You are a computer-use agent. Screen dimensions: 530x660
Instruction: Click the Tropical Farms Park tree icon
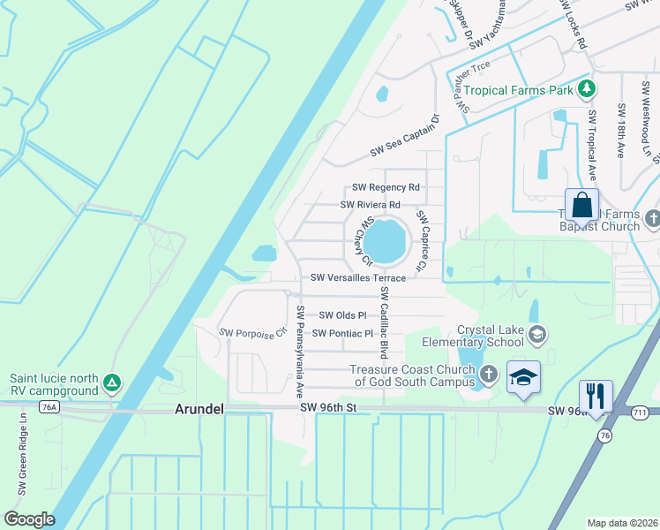point(586,89)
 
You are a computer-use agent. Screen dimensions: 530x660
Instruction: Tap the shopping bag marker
point(581,207)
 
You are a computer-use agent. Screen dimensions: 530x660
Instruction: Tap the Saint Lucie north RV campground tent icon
point(111,382)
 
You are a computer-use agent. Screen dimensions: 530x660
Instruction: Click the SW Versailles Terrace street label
point(357,278)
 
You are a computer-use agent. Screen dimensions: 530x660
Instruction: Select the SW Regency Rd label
point(386,187)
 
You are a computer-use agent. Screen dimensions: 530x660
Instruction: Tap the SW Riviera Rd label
point(371,205)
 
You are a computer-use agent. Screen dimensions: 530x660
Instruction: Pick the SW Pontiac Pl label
point(344,334)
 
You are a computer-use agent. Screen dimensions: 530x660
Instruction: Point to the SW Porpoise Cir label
point(254,333)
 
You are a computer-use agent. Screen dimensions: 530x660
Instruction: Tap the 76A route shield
point(49,406)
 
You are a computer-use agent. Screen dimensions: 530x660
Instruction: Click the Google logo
point(29,519)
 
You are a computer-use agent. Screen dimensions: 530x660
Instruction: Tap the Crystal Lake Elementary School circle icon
point(538,334)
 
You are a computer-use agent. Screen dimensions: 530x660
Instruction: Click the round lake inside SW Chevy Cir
point(385,240)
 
